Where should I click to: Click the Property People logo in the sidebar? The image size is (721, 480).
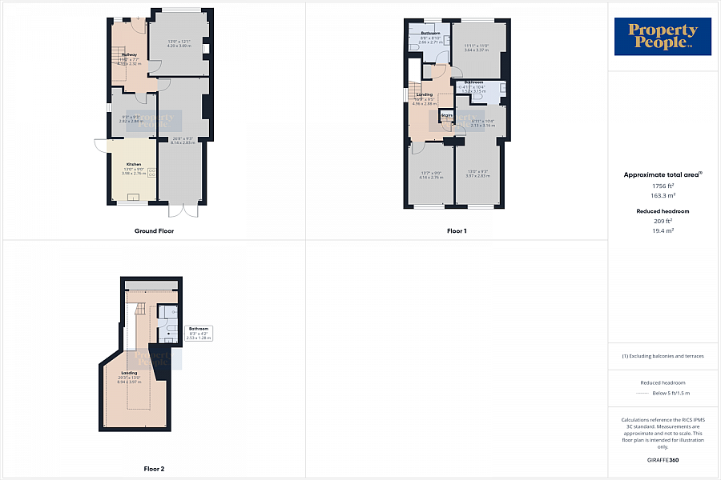[x=663, y=38]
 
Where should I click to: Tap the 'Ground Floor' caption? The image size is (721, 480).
[x=154, y=231]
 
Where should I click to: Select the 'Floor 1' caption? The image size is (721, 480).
[x=456, y=231]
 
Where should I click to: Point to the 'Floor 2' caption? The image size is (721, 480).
[x=153, y=469]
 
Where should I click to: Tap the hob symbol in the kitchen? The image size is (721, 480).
[x=151, y=174]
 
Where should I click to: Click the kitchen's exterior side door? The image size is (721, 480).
[x=100, y=146]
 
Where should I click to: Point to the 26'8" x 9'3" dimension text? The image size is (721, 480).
[x=183, y=138]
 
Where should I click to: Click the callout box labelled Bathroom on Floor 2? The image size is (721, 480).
[x=198, y=334]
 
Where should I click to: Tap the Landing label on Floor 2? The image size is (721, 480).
[x=129, y=374]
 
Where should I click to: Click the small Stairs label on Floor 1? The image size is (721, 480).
[x=447, y=116]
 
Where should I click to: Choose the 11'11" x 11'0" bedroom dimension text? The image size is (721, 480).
[x=476, y=46]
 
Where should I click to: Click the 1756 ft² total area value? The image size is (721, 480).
[x=662, y=186]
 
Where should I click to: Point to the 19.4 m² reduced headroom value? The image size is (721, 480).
[x=662, y=230]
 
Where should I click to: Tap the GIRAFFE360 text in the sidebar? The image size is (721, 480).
[x=663, y=460]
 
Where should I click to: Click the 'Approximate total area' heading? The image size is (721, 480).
[x=662, y=174]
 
